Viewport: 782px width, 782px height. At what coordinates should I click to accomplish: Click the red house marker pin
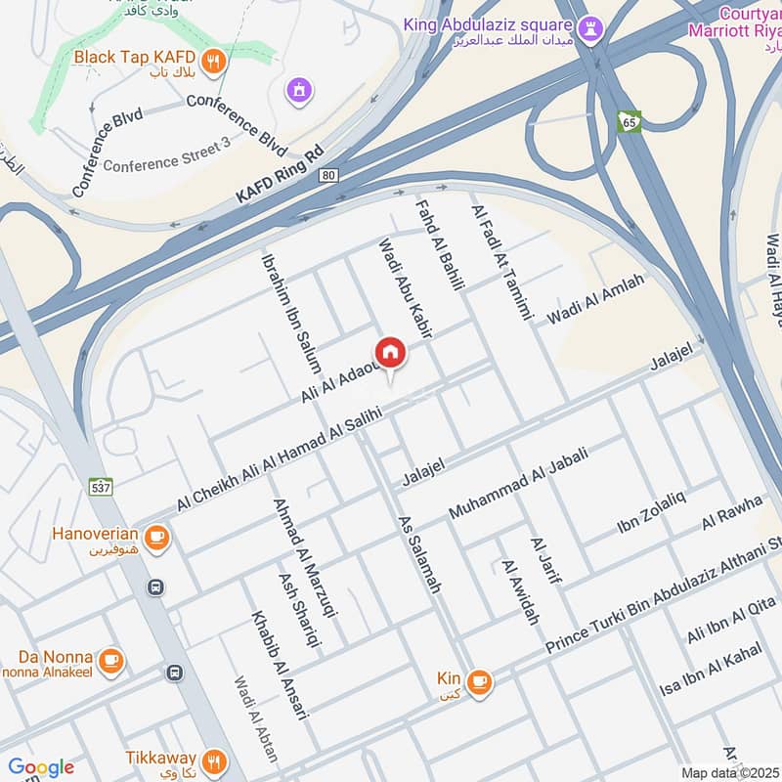[390, 353]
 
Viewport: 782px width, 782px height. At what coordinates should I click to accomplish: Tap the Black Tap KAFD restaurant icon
[215, 62]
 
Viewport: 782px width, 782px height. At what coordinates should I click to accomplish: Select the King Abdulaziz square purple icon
[588, 30]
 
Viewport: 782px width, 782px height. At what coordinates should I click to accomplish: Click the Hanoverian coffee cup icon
[155, 536]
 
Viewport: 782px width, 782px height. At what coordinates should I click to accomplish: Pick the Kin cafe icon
[478, 680]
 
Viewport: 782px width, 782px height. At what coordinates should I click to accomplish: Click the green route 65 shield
[630, 121]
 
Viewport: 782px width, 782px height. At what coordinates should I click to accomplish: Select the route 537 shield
[102, 486]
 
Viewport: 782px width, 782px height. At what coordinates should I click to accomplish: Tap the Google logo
[41, 767]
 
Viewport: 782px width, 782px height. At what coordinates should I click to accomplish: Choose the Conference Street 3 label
[167, 164]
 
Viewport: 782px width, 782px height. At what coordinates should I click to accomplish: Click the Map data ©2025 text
[729, 772]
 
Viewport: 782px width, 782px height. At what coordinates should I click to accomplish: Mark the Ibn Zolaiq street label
[651, 512]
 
